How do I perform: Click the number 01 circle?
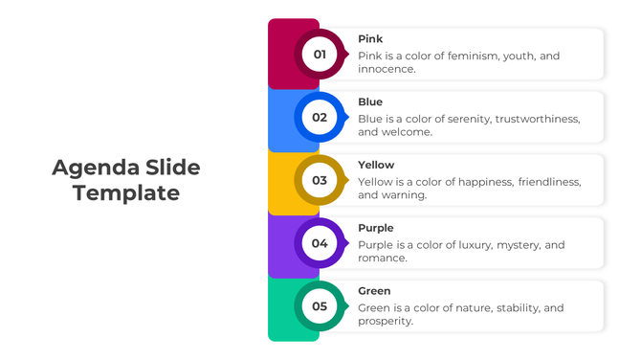click(x=320, y=55)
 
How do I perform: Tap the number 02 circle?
click(x=320, y=118)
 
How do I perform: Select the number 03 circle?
click(x=320, y=180)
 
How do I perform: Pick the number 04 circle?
click(x=320, y=243)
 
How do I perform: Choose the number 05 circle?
click(x=320, y=306)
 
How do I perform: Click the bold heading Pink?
click(x=370, y=39)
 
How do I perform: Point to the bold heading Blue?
click(x=370, y=102)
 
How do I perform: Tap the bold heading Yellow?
click(x=376, y=165)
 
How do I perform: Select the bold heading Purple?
click(x=376, y=228)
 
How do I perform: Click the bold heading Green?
click(x=374, y=291)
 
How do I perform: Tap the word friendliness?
click(x=549, y=182)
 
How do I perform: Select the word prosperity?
click(x=386, y=322)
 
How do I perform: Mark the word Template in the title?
click(x=126, y=192)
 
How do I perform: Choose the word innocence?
click(x=387, y=70)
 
